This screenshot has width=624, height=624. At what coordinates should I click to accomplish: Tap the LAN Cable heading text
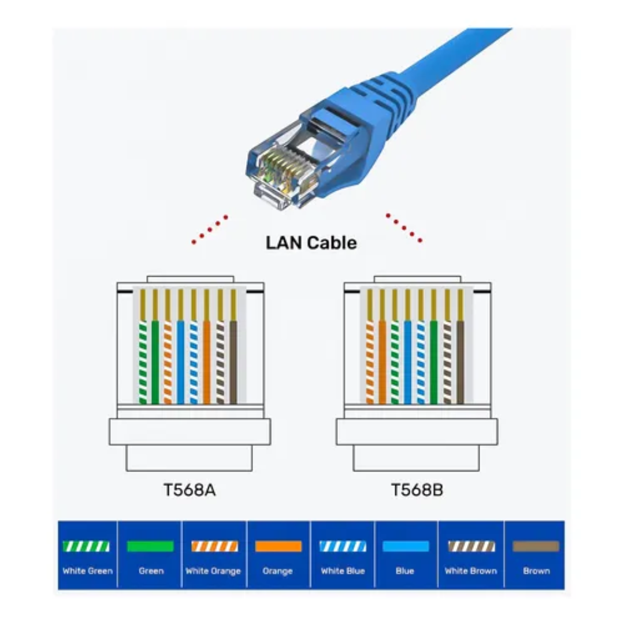311,243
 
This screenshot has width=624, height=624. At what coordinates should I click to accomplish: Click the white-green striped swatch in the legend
87,546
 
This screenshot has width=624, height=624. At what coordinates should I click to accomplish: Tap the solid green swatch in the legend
150,546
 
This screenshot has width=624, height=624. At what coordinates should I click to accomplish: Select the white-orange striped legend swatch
214,546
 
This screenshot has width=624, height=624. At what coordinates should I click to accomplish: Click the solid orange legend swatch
278,546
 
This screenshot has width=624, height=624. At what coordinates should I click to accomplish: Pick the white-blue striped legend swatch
343,546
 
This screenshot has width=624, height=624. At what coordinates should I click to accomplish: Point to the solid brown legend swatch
536,546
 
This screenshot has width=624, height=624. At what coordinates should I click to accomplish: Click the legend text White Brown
471,571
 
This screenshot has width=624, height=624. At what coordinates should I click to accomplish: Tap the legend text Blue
405,571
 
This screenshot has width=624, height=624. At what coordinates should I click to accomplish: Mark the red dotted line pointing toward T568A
210,229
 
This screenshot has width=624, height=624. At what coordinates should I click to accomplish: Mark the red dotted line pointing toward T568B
404,228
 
